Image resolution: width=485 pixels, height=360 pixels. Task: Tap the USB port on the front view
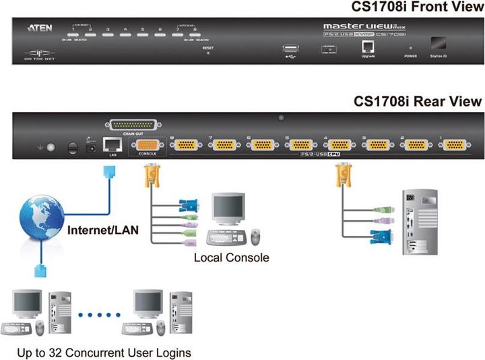290,48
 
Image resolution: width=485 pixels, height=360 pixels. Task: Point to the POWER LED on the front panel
410,49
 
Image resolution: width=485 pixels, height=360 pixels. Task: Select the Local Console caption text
231,258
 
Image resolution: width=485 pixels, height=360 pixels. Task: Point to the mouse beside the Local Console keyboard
255,237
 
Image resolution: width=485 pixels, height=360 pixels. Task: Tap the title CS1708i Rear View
418,101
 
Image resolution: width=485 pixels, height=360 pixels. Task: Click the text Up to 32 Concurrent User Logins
104,352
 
